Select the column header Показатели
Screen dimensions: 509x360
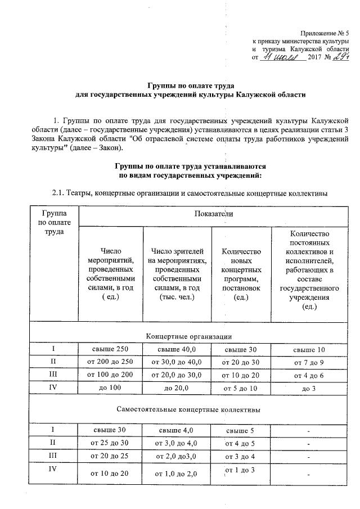213,214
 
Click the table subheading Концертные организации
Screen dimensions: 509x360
189,336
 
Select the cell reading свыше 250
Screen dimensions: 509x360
111,349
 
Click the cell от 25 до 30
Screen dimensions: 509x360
111,444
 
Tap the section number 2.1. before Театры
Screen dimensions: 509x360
58,193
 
